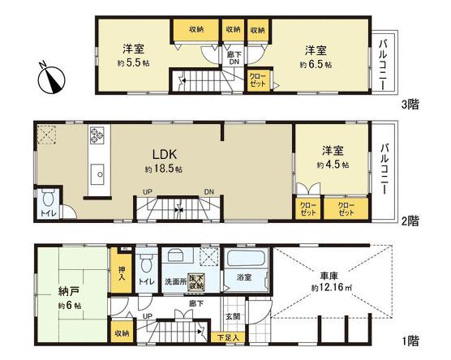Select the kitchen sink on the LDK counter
(x=98, y=172)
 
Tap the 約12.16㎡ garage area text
(x=333, y=287)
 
